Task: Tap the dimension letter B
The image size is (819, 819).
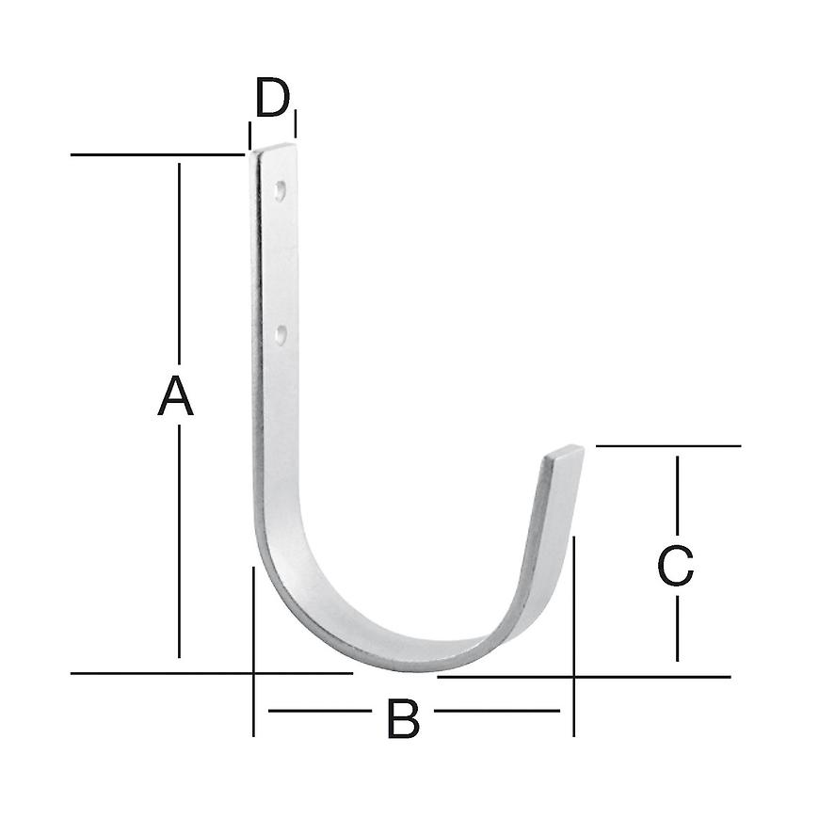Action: (403, 720)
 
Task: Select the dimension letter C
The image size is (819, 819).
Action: (676, 566)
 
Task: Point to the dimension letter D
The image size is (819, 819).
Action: (272, 99)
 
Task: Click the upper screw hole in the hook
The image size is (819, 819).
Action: (280, 190)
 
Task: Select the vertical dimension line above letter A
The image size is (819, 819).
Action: (179, 264)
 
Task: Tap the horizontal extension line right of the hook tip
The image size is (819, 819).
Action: (668, 445)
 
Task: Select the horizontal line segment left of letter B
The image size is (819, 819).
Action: (320, 711)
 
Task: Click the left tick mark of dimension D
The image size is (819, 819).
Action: (249, 134)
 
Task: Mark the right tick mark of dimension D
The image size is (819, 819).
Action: (296, 123)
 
